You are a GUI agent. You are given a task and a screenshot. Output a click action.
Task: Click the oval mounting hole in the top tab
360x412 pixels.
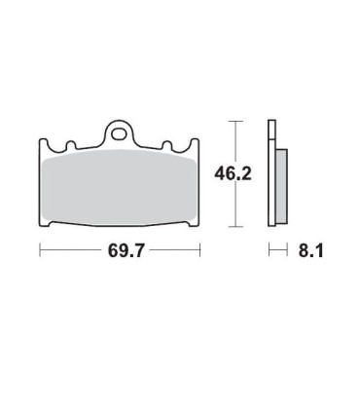[x=119, y=129]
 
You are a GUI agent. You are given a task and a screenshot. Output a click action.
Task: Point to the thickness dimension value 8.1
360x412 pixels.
[x=310, y=251]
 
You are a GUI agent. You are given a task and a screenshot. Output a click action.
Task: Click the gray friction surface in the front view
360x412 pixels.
[x=119, y=189]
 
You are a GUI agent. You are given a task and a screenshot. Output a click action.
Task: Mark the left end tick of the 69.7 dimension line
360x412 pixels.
[x=39, y=251]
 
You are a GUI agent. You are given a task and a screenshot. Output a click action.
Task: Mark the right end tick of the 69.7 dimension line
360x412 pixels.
[x=199, y=251]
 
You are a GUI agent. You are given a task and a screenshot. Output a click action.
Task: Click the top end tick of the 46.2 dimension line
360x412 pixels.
[x=233, y=121]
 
